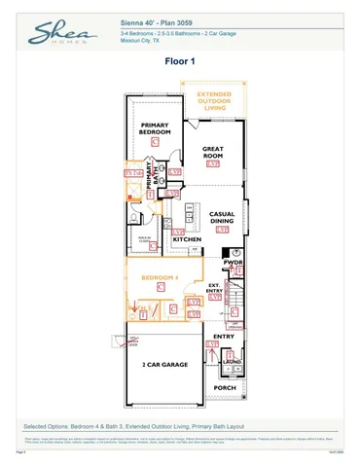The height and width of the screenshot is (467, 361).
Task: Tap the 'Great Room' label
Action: (213, 152)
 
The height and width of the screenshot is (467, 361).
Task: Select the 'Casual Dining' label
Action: (224, 218)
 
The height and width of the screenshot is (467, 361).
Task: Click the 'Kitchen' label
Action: (188, 238)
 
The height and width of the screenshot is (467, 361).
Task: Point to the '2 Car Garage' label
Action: (163, 364)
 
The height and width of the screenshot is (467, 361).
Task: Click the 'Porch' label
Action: (225, 387)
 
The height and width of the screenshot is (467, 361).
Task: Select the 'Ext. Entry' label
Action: (216, 287)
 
